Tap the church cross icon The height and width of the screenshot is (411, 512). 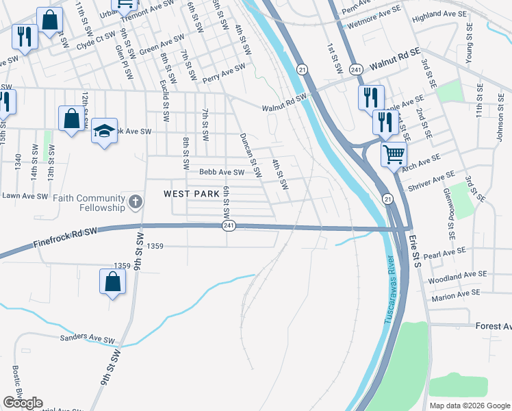136,202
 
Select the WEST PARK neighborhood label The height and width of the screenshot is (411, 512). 192,195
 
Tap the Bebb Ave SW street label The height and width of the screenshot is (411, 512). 221,173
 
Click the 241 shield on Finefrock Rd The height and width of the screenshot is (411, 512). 229,225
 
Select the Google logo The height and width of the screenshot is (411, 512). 23,403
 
